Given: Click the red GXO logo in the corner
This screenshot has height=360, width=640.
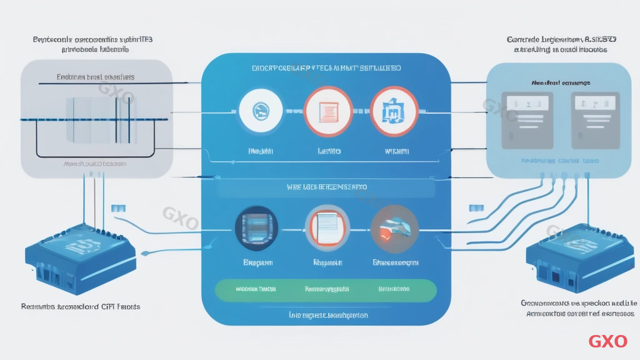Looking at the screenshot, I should (x=607, y=341).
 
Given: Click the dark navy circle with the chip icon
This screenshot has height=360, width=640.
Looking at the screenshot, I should (x=256, y=227).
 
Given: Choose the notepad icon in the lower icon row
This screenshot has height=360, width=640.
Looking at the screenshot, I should (x=327, y=227).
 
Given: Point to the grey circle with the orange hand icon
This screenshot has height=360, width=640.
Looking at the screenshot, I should (x=394, y=227).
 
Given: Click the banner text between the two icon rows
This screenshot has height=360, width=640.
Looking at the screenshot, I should (x=326, y=187).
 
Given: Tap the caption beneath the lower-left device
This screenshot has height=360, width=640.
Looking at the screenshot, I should (x=81, y=307).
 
